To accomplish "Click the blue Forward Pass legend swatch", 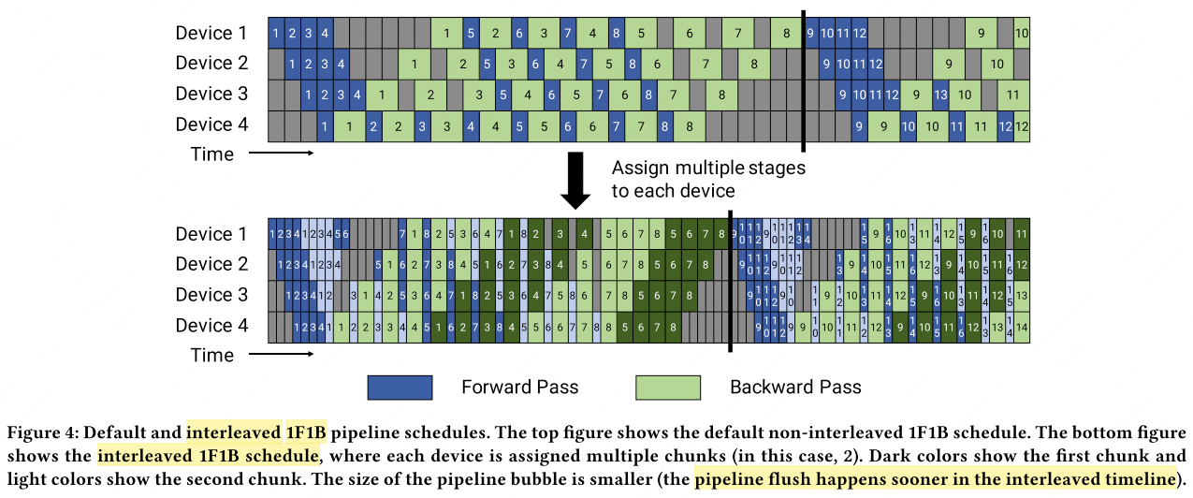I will point(400,388).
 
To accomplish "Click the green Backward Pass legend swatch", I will point(667,388).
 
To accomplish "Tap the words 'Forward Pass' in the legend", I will point(519,388).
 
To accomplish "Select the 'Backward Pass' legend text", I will point(795,388).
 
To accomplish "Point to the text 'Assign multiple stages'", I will point(708,169).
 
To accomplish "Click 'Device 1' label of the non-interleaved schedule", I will point(211,34).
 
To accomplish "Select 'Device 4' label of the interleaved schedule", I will point(211,326).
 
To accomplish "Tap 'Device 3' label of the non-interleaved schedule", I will point(211,95).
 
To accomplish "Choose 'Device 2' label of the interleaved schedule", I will point(211,265).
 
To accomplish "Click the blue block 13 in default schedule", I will point(941,95).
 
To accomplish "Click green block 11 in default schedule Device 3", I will point(1012,95).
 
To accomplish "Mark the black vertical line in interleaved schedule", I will point(730,281).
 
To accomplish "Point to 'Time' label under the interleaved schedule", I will point(212,356).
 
